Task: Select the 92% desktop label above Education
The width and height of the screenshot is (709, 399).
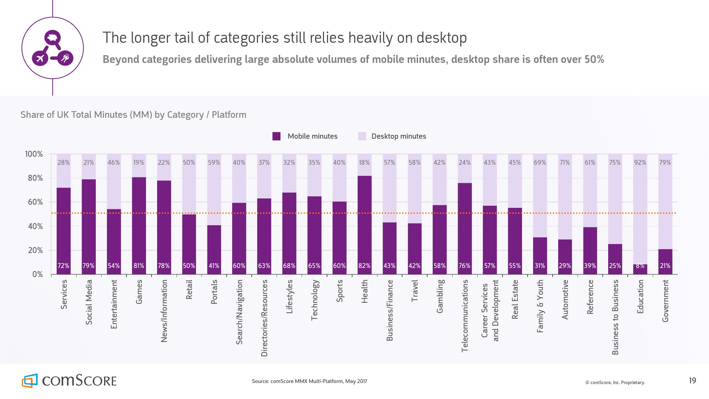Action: (640, 163)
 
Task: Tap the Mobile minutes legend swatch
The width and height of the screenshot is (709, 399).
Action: (276, 136)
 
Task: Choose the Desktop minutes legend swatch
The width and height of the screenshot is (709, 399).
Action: (362, 136)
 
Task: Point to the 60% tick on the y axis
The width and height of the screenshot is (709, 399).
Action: (35, 202)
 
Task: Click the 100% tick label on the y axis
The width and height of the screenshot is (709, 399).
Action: (34, 154)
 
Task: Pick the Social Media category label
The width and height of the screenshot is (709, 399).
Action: (89, 302)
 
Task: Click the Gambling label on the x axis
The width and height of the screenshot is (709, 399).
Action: (440, 296)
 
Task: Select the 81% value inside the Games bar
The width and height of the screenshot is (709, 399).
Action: (139, 266)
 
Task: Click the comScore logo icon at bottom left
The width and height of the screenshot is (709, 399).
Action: (30, 381)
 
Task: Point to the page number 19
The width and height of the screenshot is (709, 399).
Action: (692, 381)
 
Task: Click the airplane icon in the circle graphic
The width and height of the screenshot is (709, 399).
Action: (40, 58)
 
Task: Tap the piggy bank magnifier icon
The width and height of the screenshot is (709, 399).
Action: (52, 37)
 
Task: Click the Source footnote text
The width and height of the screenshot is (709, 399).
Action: (309, 381)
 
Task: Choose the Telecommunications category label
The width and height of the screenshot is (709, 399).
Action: (465, 316)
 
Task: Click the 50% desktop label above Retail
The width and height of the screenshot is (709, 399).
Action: (189, 163)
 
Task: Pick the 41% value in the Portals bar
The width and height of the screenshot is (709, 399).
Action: (214, 266)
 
